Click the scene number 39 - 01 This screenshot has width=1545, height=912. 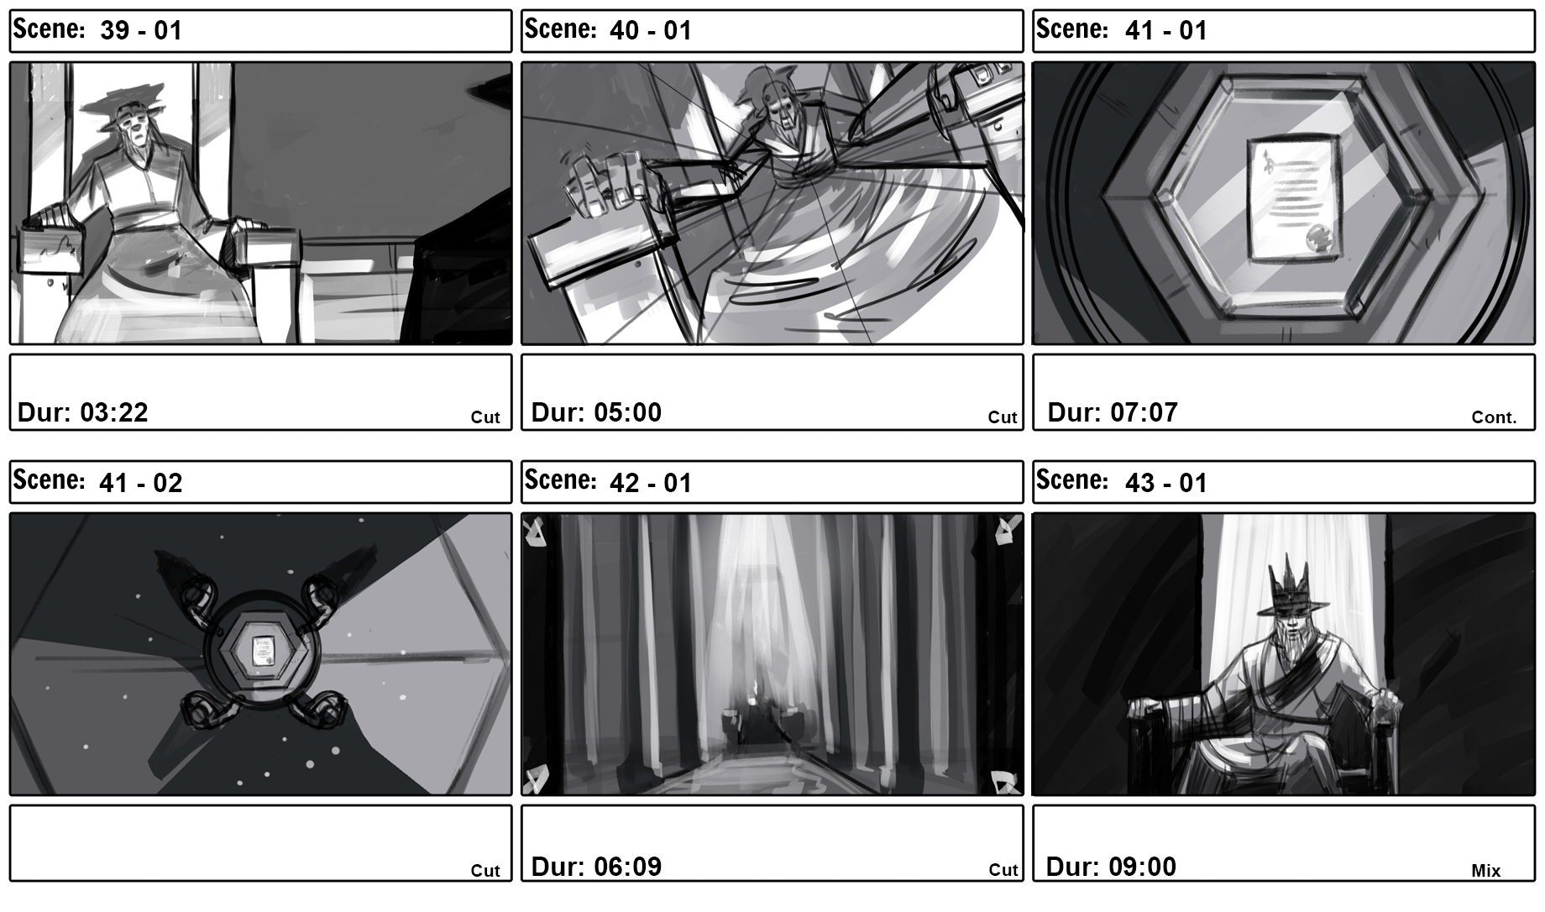click(x=140, y=31)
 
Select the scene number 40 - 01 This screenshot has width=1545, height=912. click(x=651, y=31)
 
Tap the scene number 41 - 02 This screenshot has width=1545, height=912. click(x=140, y=483)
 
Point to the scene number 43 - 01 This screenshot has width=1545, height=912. click(x=1165, y=483)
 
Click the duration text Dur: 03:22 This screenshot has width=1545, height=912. click(x=83, y=412)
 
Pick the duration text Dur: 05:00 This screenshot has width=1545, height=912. click(x=597, y=412)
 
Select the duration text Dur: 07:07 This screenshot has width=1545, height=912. click(x=1113, y=412)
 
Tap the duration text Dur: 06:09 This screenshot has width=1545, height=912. click(x=597, y=866)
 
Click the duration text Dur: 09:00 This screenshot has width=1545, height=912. click(x=1111, y=866)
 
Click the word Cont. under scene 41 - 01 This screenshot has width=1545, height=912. click(x=1495, y=417)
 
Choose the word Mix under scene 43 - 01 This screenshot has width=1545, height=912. click(x=1486, y=871)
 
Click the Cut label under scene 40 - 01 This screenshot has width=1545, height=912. click(x=1003, y=417)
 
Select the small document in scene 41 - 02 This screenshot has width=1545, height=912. click(x=264, y=652)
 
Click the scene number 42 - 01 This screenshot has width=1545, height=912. click(x=651, y=483)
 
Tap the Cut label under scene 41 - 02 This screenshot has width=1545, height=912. click(x=485, y=871)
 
